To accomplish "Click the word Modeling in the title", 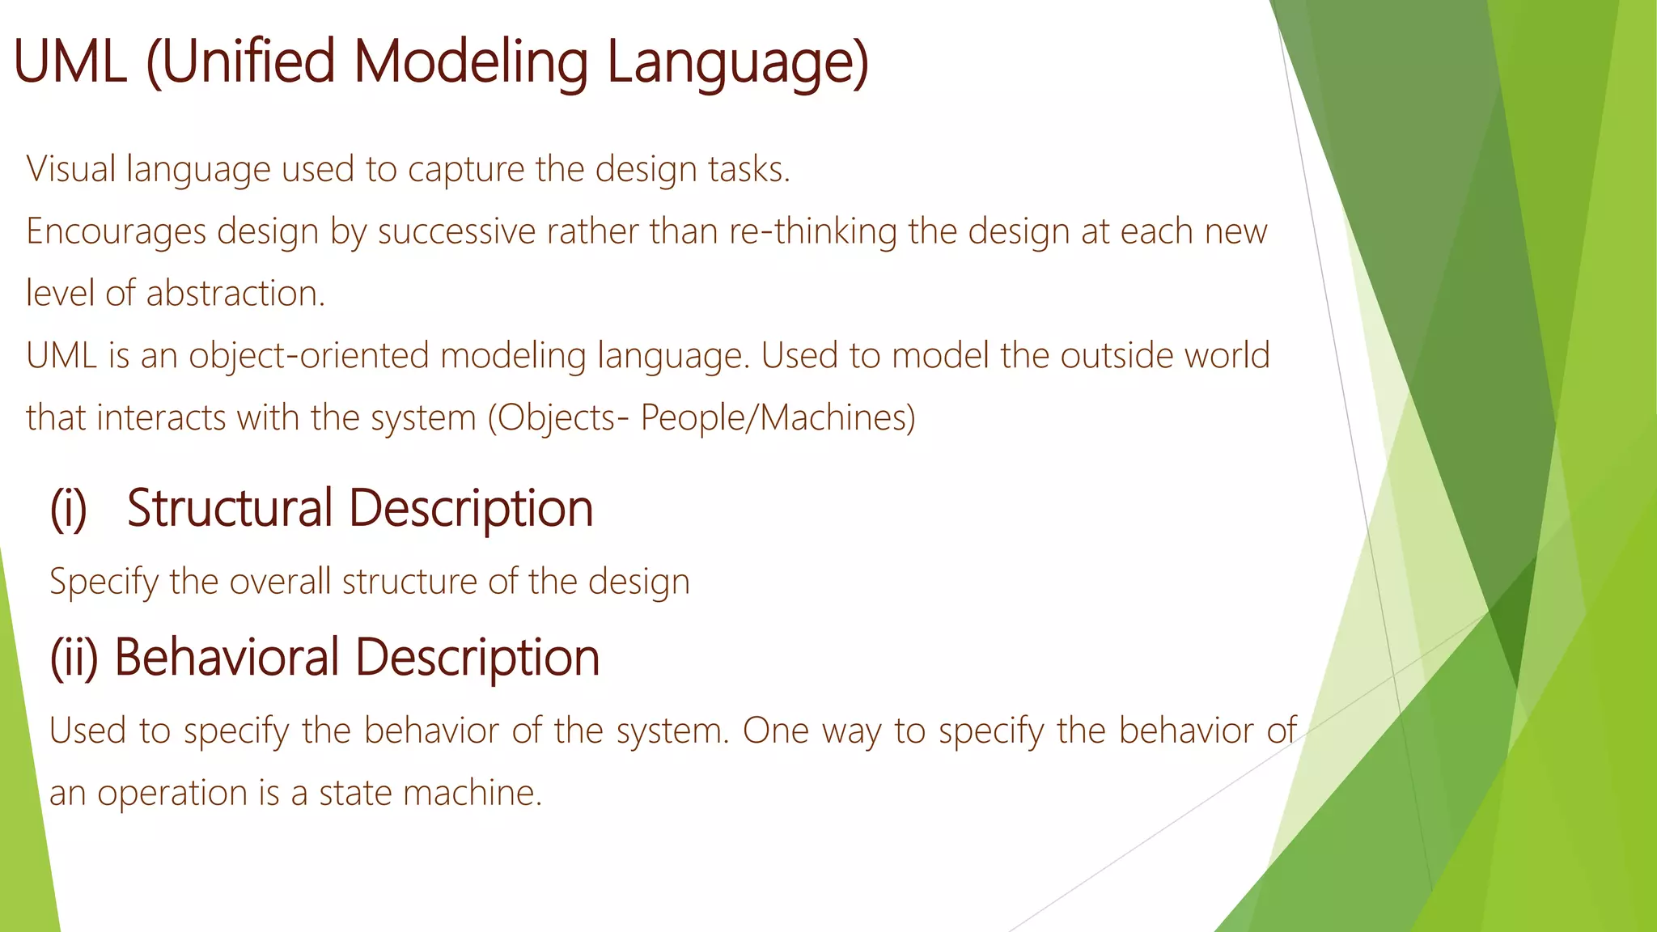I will pyautogui.click(x=471, y=63).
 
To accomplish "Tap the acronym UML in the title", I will pyautogui.click(x=70, y=63).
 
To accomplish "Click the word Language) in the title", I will pyautogui.click(x=737, y=63).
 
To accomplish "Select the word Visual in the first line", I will pyautogui.click(x=71, y=169).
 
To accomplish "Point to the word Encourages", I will pyautogui.click(x=116, y=231).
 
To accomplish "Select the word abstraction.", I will pyautogui.click(x=235, y=294).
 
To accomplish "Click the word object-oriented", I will pyautogui.click(x=308, y=356).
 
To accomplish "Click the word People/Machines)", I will pyautogui.click(x=778, y=418).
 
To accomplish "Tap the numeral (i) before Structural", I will pyautogui.click(x=69, y=509).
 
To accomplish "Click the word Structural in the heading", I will pyautogui.click(x=230, y=509).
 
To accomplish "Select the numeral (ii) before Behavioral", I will pyautogui.click(x=74, y=657).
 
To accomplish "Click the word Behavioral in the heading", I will pyautogui.click(x=226, y=657).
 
